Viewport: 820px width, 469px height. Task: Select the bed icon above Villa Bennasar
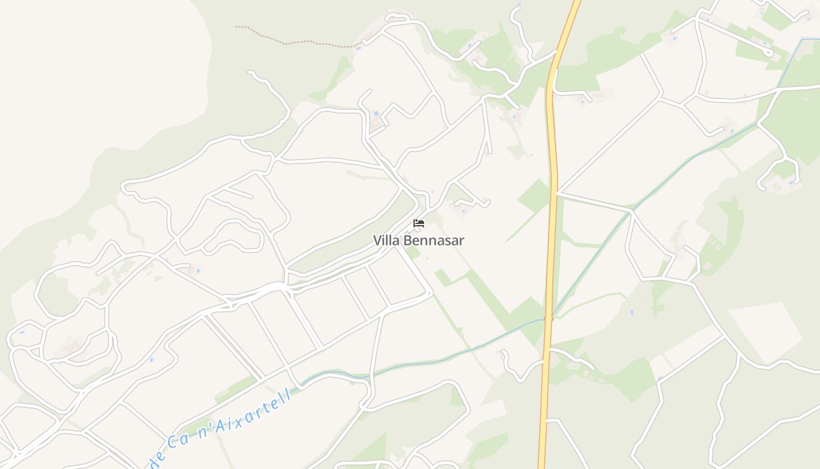(x=418, y=223)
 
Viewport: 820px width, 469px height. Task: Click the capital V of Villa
(x=377, y=240)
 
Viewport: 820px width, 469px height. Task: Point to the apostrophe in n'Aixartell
(x=210, y=427)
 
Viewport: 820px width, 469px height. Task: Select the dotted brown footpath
(x=293, y=43)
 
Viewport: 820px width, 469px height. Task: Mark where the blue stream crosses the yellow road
(x=548, y=318)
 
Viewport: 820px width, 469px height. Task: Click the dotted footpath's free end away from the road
(x=236, y=26)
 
